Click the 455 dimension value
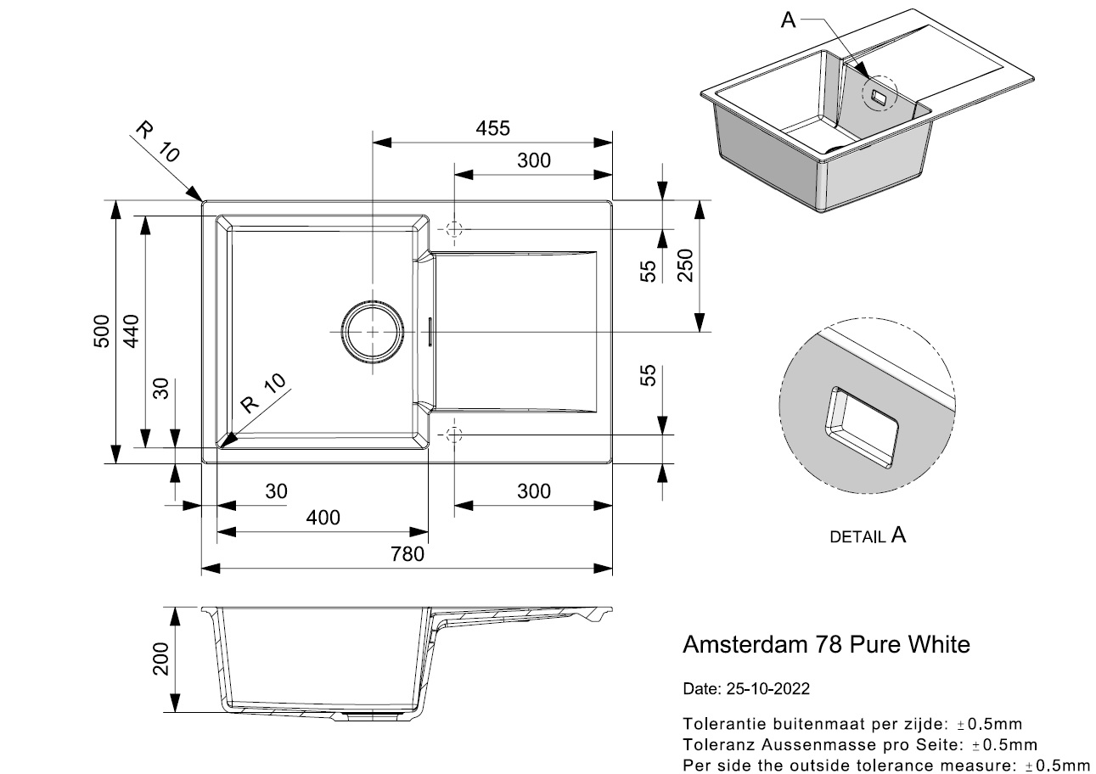(492, 128)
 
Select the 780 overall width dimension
(407, 554)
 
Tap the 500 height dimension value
(100, 331)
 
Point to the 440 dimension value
(129, 331)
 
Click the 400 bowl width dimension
(323, 518)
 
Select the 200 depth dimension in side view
(161, 659)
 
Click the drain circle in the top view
(372, 331)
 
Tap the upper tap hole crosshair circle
(453, 229)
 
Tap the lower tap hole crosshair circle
(453, 435)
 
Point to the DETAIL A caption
(867, 536)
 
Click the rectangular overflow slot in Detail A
(863, 429)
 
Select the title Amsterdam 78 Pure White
(826, 645)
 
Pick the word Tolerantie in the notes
(721, 725)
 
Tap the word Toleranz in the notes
(717, 745)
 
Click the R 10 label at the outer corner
(158, 142)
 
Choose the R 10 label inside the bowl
(263, 393)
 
